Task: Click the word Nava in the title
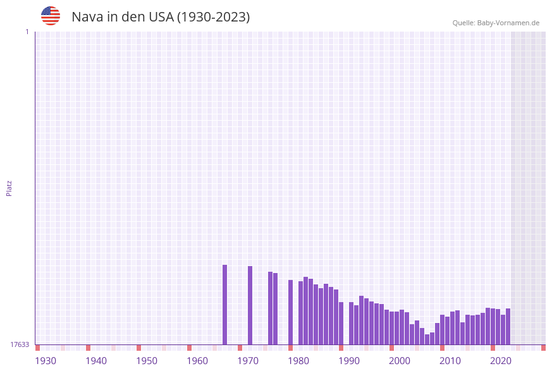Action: [x=87, y=17]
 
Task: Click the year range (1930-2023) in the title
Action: [x=213, y=17]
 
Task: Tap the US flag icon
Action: [x=51, y=16]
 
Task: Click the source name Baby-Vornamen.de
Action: [x=508, y=23]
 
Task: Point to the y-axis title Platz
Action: [x=9, y=188]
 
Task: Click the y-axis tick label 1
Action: [x=27, y=32]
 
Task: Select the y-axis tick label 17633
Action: [x=20, y=344]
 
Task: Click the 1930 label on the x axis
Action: [x=46, y=361]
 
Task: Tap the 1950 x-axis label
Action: [x=147, y=361]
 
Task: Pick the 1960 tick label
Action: [x=197, y=361]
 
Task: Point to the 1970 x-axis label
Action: [x=248, y=361]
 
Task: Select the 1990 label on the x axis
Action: [x=349, y=361]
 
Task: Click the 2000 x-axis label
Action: [x=400, y=361]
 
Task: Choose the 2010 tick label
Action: [x=450, y=361]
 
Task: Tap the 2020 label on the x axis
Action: [x=501, y=361]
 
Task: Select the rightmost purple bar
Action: [x=508, y=326]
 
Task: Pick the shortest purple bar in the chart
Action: [x=427, y=339]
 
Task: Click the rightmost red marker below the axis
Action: [x=543, y=348]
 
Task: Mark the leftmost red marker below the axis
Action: [x=37, y=348]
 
